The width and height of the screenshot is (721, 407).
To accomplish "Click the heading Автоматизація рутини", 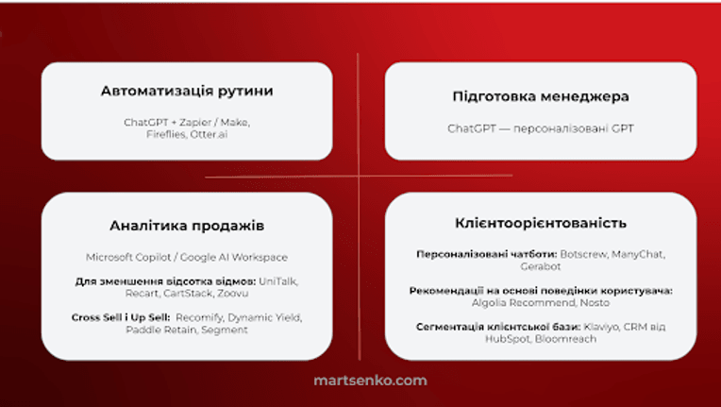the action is click(x=187, y=91).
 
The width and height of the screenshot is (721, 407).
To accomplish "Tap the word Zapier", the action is click(x=195, y=123).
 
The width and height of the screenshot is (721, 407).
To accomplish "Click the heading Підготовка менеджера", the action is click(x=541, y=96).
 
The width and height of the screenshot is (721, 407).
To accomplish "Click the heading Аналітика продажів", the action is click(x=187, y=227).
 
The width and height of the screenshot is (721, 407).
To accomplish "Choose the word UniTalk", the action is click(x=278, y=281).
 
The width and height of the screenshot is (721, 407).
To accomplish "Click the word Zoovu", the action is click(x=233, y=294).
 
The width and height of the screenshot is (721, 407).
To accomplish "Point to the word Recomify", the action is click(x=199, y=318).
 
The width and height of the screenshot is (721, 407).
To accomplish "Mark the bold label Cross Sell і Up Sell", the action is click(x=121, y=318).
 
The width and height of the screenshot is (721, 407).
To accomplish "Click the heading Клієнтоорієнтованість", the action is click(x=541, y=223).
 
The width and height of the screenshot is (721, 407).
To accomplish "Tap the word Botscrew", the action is click(x=583, y=254).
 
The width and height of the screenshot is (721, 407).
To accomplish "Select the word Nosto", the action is click(x=595, y=303).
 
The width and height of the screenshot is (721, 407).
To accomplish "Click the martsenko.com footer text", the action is click(x=370, y=381).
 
